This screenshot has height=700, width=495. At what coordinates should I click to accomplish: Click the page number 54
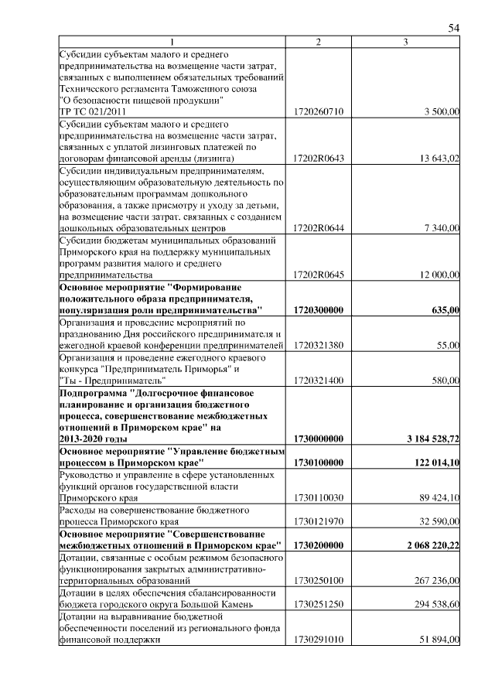[455, 28]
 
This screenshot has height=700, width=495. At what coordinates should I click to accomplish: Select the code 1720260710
[319, 112]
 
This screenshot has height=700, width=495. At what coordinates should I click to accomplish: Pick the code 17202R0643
[319, 159]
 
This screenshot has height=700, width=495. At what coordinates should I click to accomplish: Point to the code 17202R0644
[319, 228]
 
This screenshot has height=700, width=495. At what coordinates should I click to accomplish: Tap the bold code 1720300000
[319, 310]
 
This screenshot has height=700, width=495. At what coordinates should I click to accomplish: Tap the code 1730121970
[319, 522]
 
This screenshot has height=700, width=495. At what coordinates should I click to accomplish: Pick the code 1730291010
[319, 640]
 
